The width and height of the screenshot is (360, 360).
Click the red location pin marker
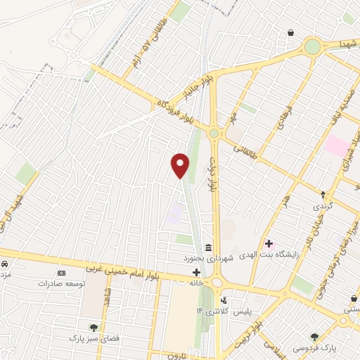pos(181,165)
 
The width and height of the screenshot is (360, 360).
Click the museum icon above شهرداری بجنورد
pos(209,247)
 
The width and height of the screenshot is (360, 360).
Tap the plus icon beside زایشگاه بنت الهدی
pos(269,243)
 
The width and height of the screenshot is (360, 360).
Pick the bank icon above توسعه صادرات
pos(61,272)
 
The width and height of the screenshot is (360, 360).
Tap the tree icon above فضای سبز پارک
pos(93,327)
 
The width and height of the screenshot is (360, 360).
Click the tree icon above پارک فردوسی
pos(314,337)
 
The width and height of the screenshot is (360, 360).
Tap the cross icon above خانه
pos(196,272)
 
